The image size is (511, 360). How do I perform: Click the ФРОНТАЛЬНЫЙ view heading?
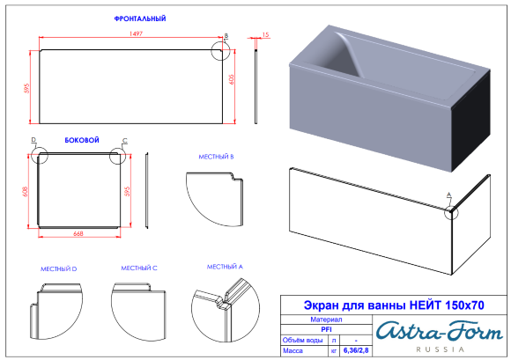140,18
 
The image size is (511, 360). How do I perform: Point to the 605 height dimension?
233,79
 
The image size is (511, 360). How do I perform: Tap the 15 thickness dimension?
265,35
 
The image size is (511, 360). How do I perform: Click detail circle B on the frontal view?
221,48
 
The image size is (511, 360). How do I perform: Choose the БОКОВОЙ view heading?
82,140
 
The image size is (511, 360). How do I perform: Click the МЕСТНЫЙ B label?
215,156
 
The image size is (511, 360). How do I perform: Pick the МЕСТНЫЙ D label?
59,268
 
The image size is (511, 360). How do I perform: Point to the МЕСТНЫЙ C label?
138,268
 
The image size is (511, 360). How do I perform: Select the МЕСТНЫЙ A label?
225,267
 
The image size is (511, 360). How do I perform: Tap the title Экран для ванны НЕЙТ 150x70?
393,305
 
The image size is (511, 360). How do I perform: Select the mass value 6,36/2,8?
355,350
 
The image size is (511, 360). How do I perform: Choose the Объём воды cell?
303,339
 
